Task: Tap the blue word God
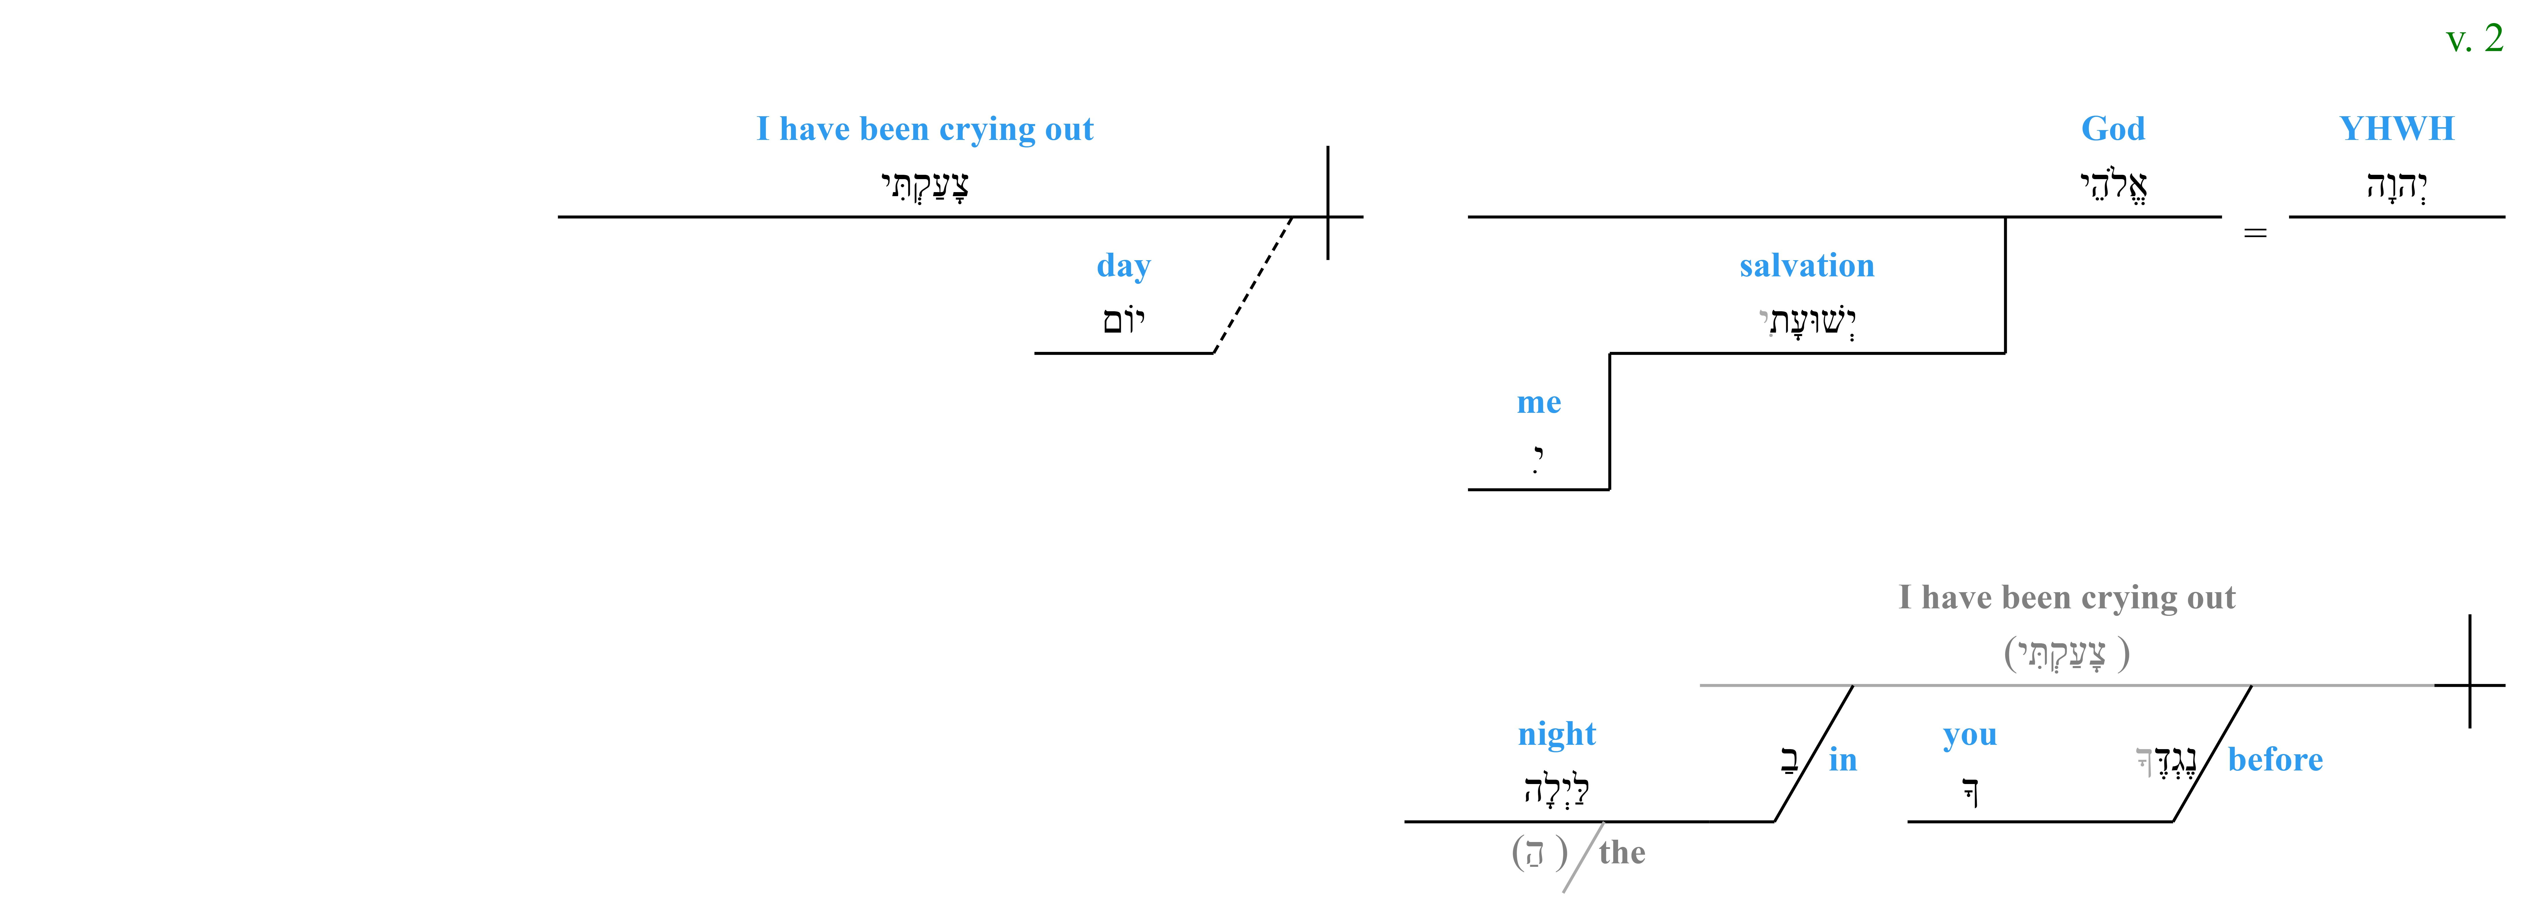(x=2113, y=128)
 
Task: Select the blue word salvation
(x=1807, y=265)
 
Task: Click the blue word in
(x=1843, y=760)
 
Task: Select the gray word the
(x=1622, y=853)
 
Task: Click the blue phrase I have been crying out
(x=925, y=129)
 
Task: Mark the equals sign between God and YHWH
(x=2256, y=233)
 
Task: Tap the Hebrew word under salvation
(x=1807, y=321)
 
